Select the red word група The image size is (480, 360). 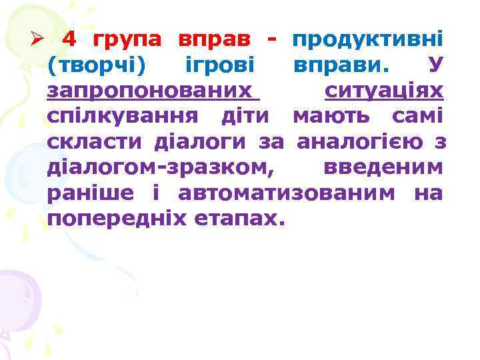pos(127,40)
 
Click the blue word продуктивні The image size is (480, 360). pos(368,40)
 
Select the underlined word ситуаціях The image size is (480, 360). pos(384,91)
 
